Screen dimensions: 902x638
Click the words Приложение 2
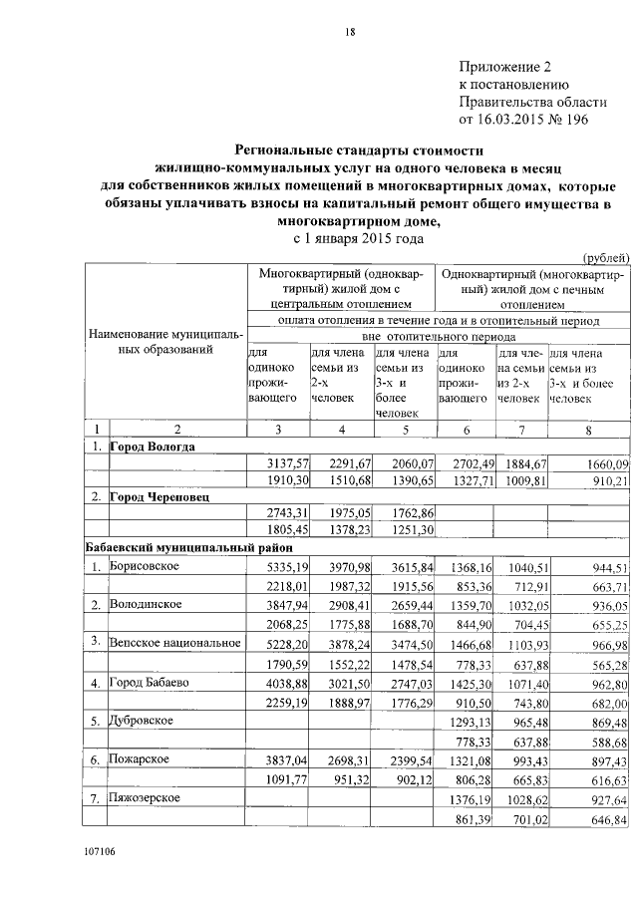click(x=503, y=67)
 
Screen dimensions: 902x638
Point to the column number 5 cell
click(x=405, y=430)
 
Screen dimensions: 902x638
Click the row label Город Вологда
click(x=152, y=447)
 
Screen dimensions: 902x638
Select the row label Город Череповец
click(x=159, y=495)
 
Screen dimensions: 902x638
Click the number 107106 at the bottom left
click(x=102, y=878)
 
